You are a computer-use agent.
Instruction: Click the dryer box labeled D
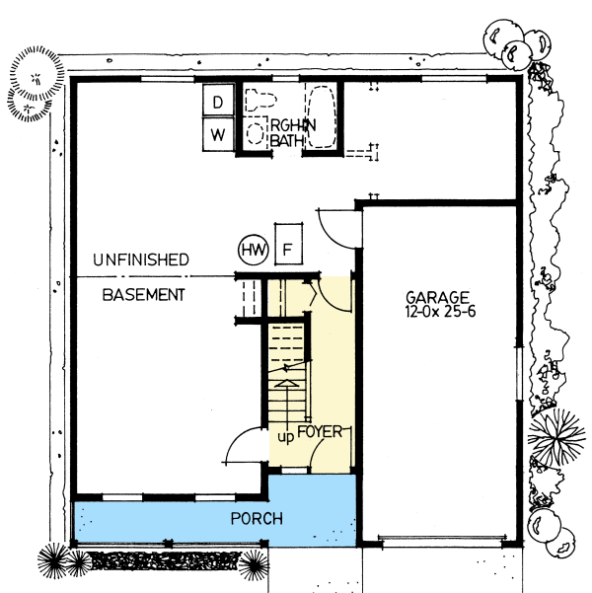click(x=218, y=100)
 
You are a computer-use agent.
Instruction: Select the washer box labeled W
click(x=218, y=133)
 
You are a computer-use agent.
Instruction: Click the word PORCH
click(x=258, y=518)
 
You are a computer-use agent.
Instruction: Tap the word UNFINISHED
click(x=140, y=260)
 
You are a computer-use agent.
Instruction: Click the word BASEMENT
click(x=144, y=294)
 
